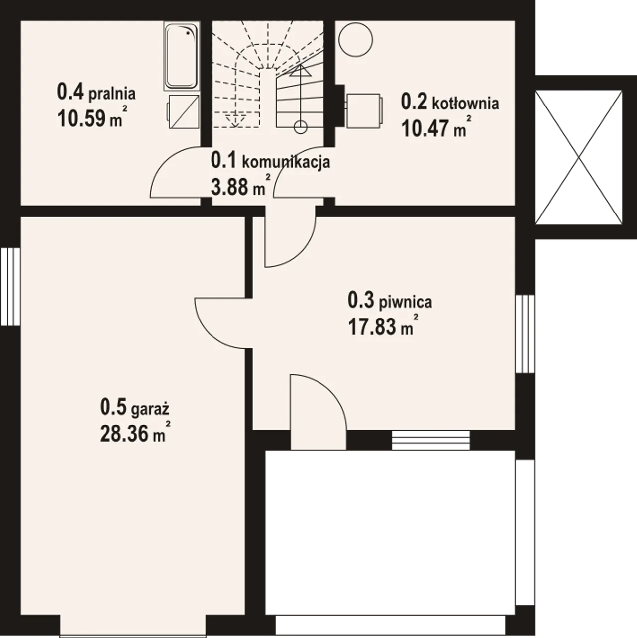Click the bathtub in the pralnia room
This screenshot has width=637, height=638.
(x=182, y=56)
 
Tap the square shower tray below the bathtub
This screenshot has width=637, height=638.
(x=184, y=111)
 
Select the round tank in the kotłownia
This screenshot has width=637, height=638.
(x=356, y=39)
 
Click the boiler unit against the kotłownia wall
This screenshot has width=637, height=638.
(x=364, y=110)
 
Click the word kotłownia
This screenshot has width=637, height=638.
(x=465, y=104)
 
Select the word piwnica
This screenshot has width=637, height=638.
(x=405, y=303)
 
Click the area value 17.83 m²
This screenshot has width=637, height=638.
(x=383, y=326)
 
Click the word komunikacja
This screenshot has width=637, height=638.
(x=286, y=162)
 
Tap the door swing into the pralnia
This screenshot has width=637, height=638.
(x=176, y=172)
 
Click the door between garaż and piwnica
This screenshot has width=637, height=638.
(x=220, y=323)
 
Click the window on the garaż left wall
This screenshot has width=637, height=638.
(x=10, y=287)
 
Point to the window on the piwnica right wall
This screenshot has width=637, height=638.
(x=525, y=334)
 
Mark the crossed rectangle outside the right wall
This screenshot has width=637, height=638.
(x=579, y=157)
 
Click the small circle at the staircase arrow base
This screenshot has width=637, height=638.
(x=300, y=127)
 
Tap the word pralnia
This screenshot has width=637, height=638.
(x=112, y=94)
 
